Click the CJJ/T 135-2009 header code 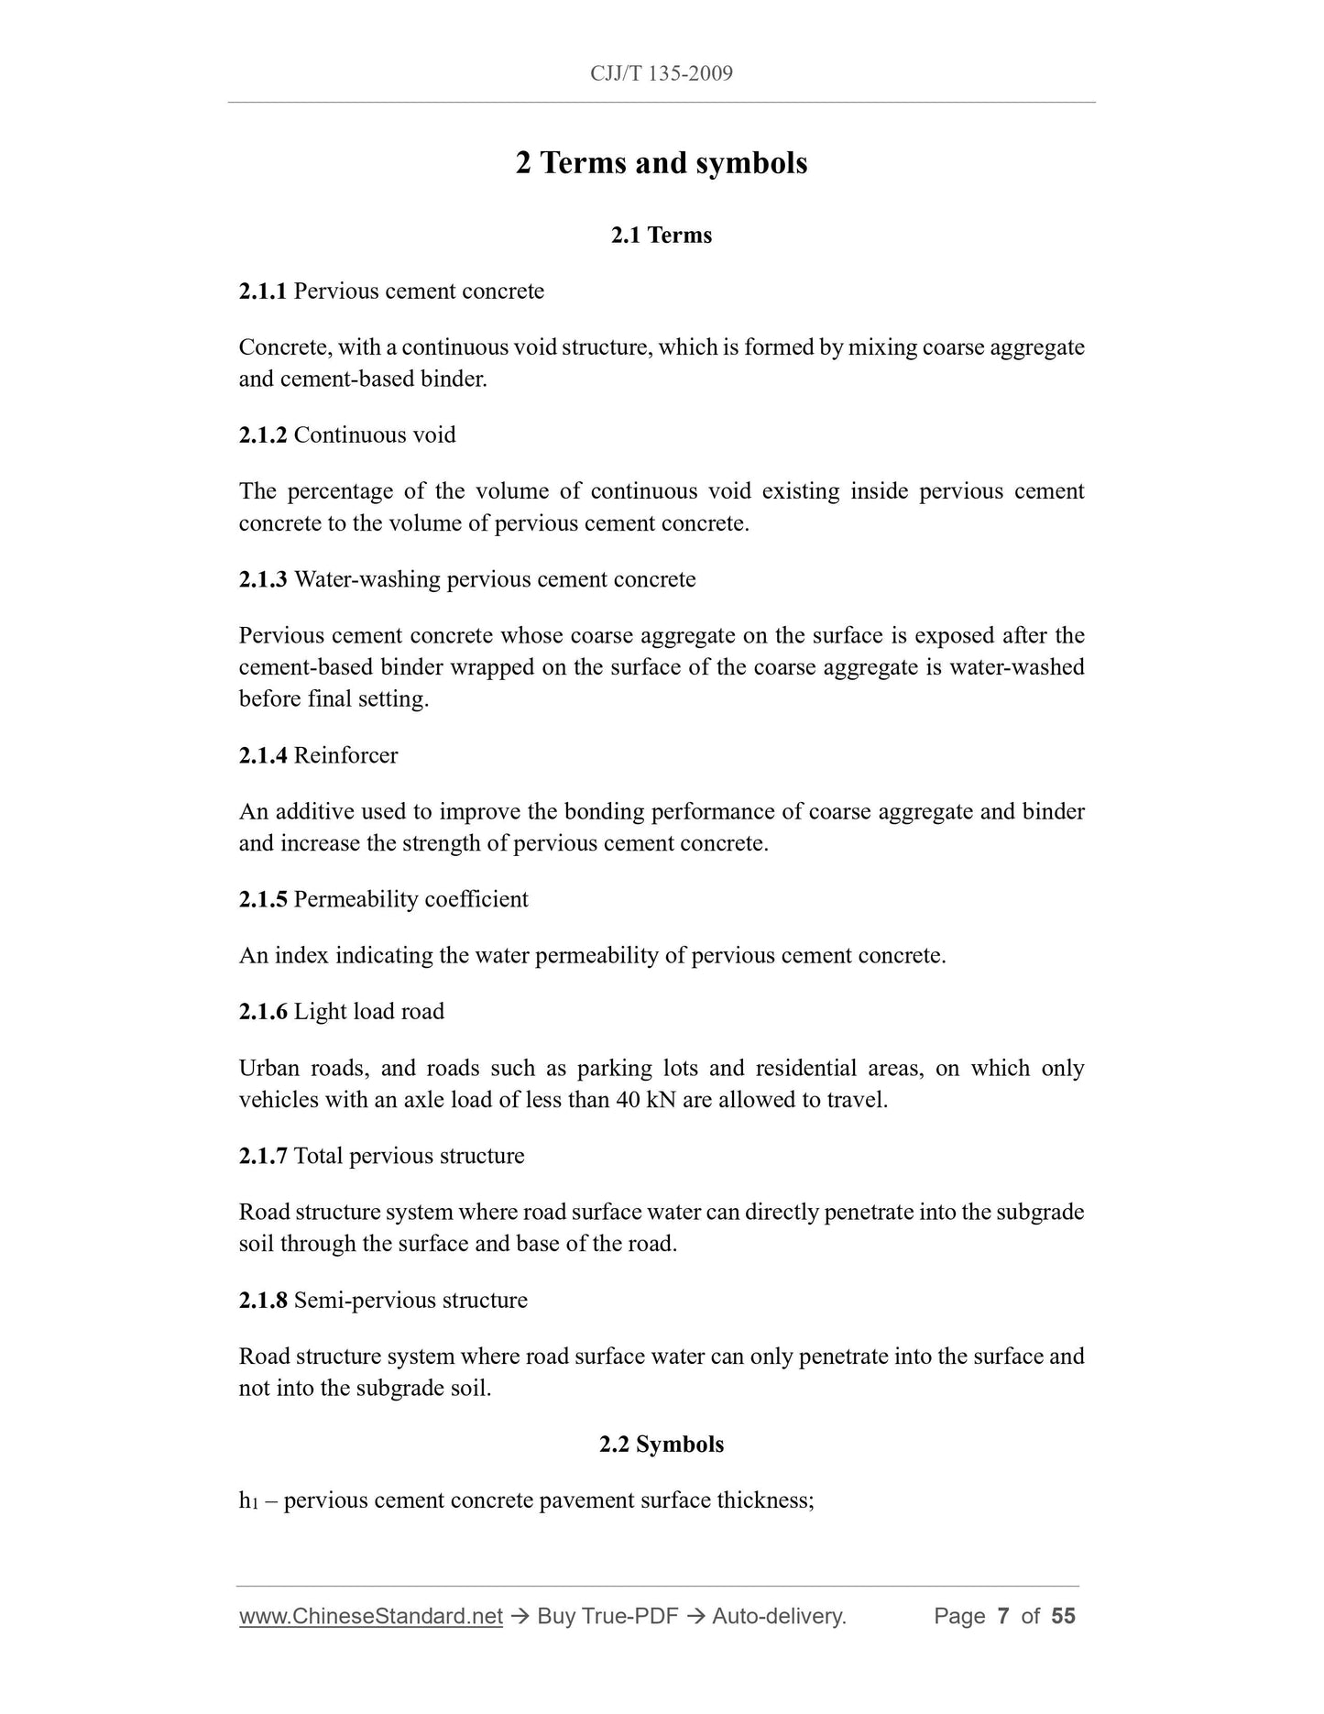point(661,73)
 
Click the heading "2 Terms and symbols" point(661,163)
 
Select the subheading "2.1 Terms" point(661,236)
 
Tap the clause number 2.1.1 point(263,291)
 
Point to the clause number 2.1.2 point(263,435)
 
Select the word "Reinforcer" point(345,756)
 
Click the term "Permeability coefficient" point(410,899)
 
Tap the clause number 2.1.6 point(263,1012)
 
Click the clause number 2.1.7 point(263,1157)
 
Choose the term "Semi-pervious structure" point(410,1301)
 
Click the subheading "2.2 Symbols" point(661,1445)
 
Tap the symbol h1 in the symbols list point(248,1501)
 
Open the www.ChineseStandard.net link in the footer point(371,1616)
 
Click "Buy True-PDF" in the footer point(607,1616)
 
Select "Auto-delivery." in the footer point(779,1616)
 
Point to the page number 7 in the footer point(1003,1616)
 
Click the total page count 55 point(1063,1616)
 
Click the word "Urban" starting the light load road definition point(268,1069)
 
